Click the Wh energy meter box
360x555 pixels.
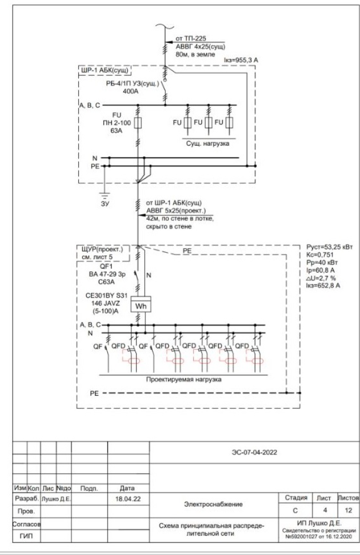click(x=140, y=306)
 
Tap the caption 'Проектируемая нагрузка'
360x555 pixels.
click(x=184, y=379)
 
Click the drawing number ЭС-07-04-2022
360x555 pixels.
click(x=254, y=452)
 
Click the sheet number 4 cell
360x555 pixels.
click(x=325, y=510)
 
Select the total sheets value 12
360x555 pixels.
click(x=350, y=510)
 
